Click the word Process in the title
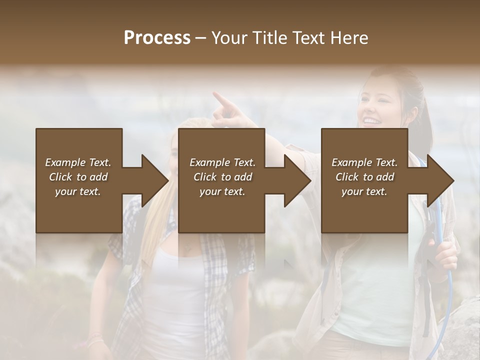pos(157,38)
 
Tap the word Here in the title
pos(349,38)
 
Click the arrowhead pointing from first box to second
pos(154,180)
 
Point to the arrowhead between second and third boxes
pos(297,180)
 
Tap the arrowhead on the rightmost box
pos(439,180)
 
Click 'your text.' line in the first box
pos(78,191)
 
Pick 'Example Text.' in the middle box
pos(222,162)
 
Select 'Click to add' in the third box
pos(365,177)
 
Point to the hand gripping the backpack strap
pos(444,255)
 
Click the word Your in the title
pos(229,38)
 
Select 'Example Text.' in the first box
pos(78,162)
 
